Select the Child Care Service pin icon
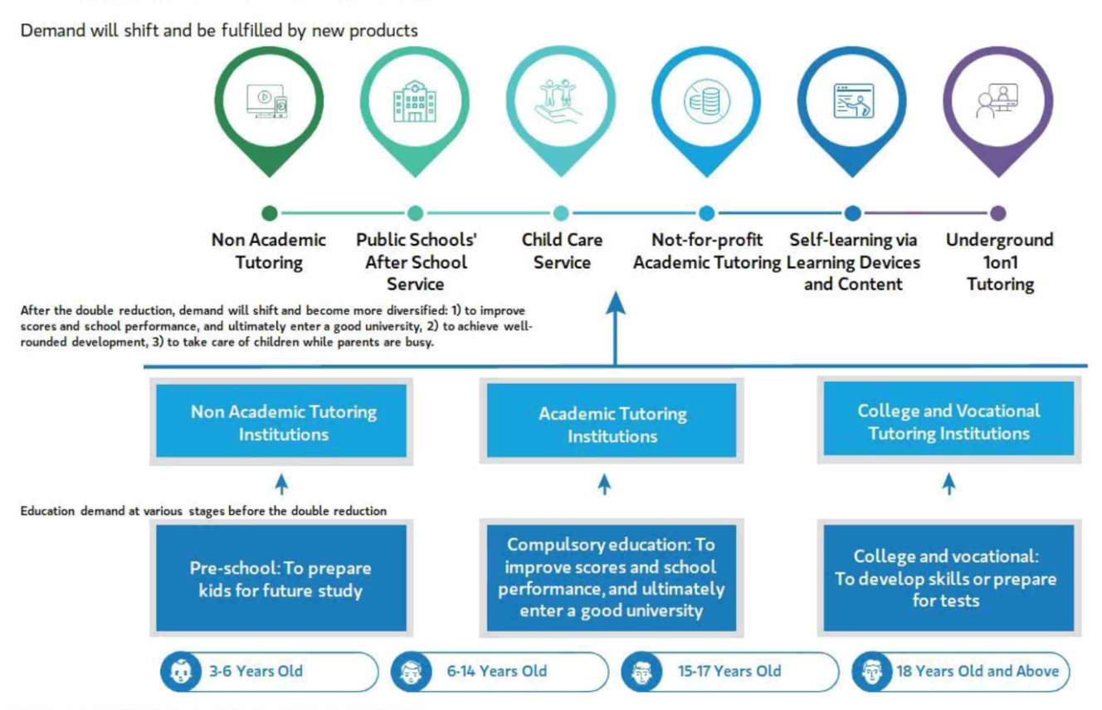pos(561,100)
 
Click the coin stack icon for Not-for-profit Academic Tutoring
pos(706,102)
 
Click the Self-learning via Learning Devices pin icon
pos(852,102)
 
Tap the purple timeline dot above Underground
pos(998,213)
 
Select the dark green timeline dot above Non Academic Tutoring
pos(269,213)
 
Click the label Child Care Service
pos(562,251)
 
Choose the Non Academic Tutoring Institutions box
pos(284,422)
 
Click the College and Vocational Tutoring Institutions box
pos(948,421)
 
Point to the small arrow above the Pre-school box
pos(281,484)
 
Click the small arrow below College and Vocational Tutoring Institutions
pos(948,484)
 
